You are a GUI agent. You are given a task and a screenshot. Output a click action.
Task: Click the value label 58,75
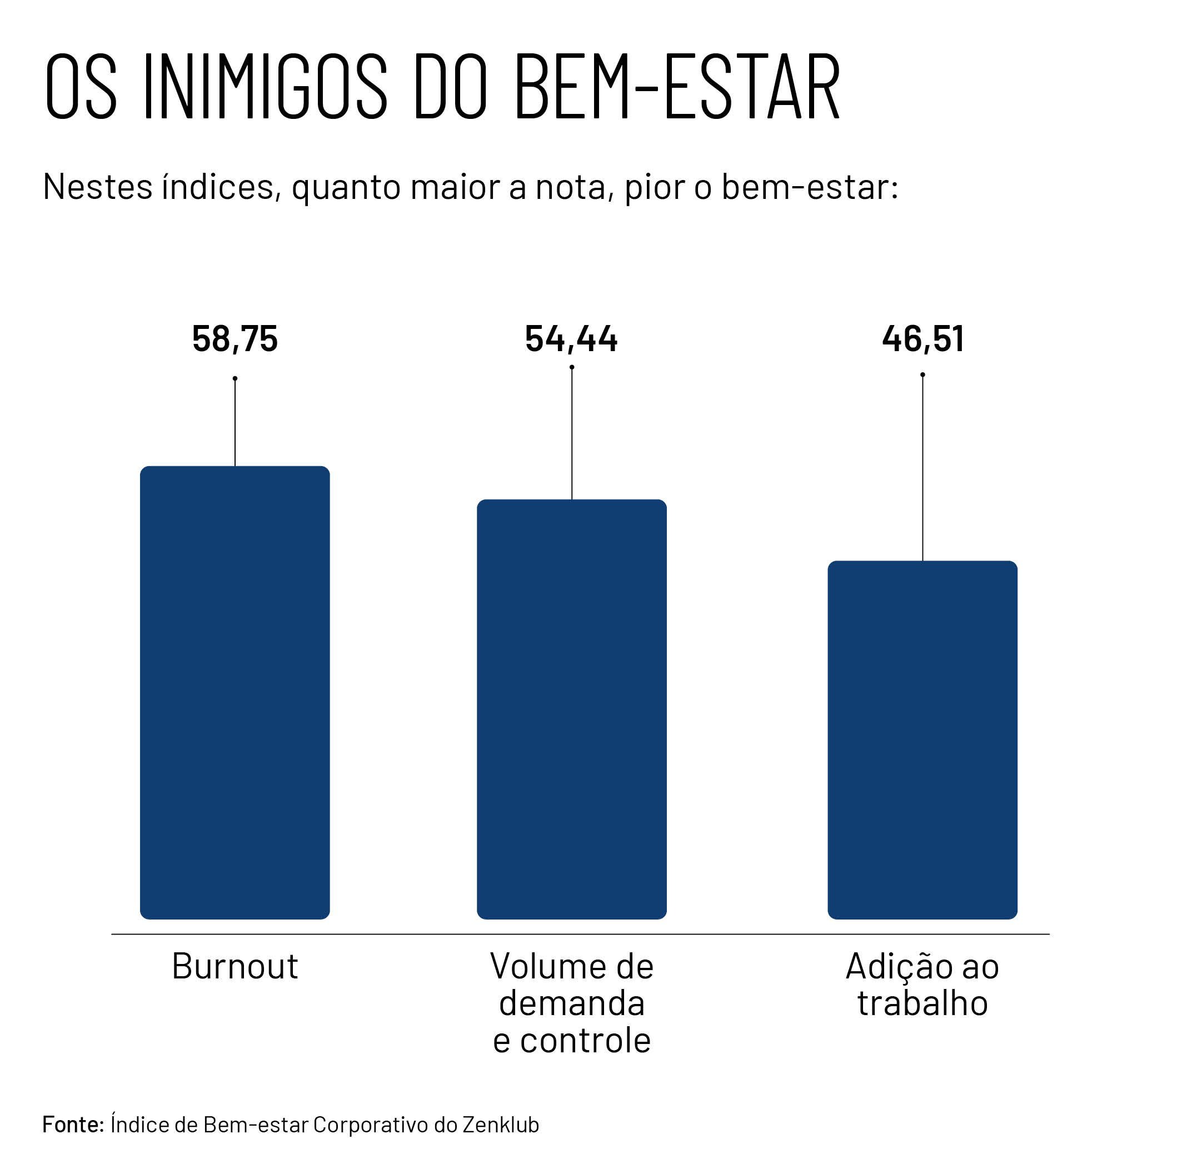click(235, 338)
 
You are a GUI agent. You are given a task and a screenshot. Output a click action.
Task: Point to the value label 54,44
click(571, 338)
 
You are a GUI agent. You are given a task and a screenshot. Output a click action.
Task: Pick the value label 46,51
click(922, 338)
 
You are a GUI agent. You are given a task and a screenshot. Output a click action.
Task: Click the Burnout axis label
click(235, 967)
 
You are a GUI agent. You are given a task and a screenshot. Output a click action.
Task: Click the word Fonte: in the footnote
click(73, 1125)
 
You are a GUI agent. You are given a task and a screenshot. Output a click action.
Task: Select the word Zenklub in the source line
click(501, 1125)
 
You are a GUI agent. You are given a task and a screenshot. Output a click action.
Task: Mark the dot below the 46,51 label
click(922, 374)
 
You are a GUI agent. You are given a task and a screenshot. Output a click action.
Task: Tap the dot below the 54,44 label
click(571, 367)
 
